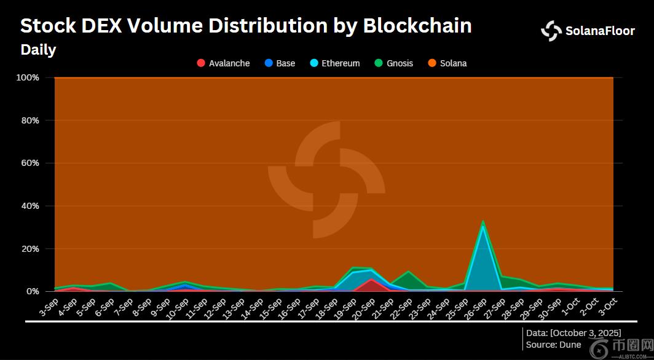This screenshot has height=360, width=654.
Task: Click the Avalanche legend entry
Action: click(223, 63)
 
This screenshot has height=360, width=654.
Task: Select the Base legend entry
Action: click(280, 63)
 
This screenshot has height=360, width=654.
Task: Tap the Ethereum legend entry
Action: click(334, 63)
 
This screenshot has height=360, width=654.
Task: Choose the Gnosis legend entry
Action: click(393, 63)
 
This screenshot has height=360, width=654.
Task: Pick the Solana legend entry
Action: click(447, 63)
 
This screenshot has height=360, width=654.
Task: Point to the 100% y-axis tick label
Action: click(28, 78)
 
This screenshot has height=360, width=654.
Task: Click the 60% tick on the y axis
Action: click(30, 163)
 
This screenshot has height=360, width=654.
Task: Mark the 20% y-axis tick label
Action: click(30, 249)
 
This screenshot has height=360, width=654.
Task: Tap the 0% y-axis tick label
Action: click(32, 291)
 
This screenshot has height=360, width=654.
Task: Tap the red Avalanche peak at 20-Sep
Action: click(371, 280)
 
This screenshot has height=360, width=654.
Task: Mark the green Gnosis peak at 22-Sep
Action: click(408, 272)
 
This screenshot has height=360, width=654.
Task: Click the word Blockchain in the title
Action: click(417, 26)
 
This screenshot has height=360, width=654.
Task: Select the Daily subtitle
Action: click(38, 50)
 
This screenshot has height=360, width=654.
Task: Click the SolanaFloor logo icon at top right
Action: click(551, 31)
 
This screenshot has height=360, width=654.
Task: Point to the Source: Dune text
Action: click(553, 345)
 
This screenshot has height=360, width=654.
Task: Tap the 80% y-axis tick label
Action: click(30, 120)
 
